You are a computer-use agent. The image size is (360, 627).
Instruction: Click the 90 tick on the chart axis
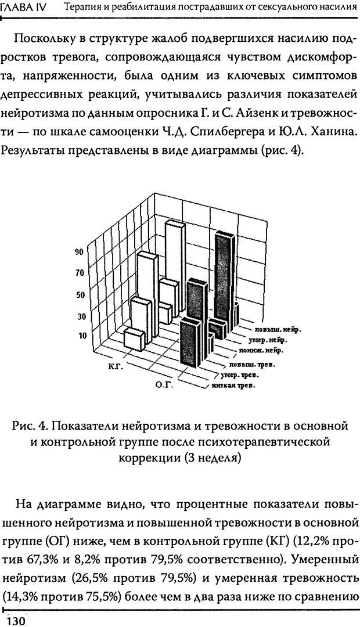coord(80,251)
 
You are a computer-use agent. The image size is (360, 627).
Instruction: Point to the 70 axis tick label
coord(80,273)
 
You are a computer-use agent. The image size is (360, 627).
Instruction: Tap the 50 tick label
coord(80,294)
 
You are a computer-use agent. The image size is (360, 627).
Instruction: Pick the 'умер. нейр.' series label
coord(271,340)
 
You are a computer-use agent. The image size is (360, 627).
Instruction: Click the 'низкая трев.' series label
coord(235,385)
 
